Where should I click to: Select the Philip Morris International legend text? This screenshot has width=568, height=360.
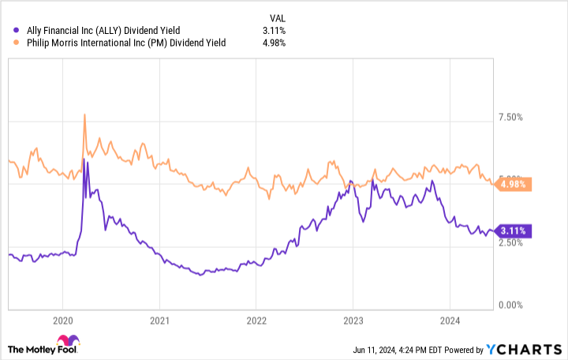(125, 43)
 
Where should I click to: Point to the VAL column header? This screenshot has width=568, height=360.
(269, 16)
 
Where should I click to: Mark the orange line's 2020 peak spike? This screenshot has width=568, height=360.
(84, 115)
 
